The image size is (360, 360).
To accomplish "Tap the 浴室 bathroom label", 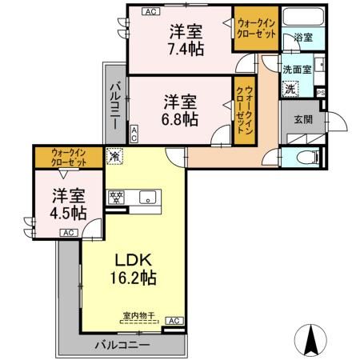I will [302, 37].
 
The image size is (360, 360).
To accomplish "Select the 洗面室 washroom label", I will [296, 69].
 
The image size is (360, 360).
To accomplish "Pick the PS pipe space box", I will [321, 92].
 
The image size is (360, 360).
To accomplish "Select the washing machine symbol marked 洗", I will [290, 89].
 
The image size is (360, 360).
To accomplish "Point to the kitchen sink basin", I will [147, 198].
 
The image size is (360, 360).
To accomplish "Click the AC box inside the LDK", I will [173, 322].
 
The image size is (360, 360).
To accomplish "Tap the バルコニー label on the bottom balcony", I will [120, 345].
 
